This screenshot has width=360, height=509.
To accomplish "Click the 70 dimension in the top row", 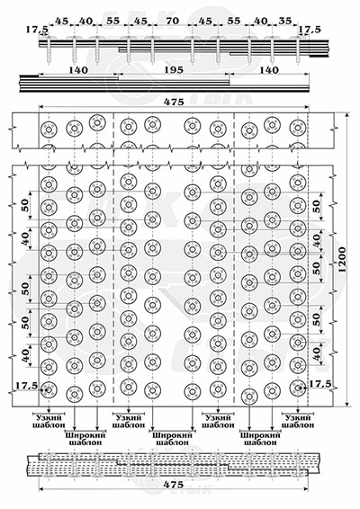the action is click(x=172, y=21).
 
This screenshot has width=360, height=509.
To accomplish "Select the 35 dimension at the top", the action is click(x=285, y=21).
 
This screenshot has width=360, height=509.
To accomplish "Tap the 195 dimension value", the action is click(x=174, y=70).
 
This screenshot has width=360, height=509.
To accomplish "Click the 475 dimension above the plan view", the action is click(x=174, y=102).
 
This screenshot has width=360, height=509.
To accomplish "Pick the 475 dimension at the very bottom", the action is click(x=174, y=485).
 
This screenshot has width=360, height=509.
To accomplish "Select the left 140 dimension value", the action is click(x=78, y=70).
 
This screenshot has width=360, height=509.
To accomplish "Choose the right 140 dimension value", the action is click(x=269, y=70).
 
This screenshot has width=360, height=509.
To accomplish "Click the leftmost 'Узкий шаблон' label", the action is click(x=49, y=421).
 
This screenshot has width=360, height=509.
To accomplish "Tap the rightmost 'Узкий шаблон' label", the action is click(x=298, y=421).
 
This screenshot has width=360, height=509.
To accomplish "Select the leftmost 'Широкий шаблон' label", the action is click(x=85, y=438).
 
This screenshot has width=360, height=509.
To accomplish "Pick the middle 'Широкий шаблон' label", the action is click(x=173, y=438).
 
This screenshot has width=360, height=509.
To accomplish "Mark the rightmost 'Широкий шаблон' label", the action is click(x=260, y=438).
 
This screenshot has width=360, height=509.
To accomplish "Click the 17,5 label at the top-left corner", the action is click(x=37, y=30).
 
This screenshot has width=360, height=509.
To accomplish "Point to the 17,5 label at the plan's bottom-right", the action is click(x=319, y=384).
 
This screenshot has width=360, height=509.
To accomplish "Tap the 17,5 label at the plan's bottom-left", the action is click(x=26, y=385).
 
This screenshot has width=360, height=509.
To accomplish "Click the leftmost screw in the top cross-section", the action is click(x=49, y=49).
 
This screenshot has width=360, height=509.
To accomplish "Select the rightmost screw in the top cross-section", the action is click(x=298, y=49).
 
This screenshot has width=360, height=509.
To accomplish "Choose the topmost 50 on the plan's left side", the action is click(x=25, y=205).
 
